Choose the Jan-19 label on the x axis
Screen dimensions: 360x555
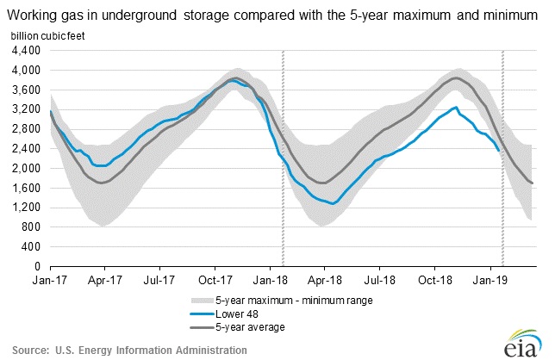[490, 280]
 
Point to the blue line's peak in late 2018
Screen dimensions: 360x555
[455, 108]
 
